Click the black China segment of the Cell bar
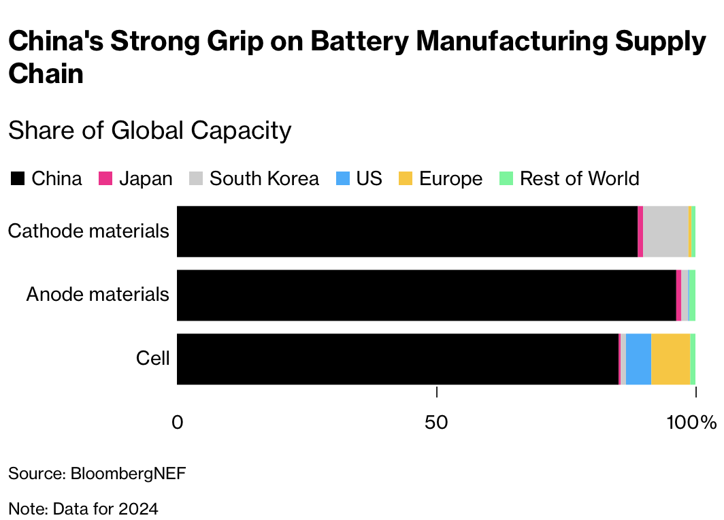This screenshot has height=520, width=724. point(397,359)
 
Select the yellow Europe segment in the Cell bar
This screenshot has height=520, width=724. point(670,359)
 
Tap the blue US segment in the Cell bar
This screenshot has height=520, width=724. point(638,359)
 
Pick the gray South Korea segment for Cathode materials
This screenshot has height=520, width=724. point(665,231)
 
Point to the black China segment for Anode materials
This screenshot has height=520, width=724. point(426,295)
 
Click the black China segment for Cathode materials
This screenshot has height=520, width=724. point(407,231)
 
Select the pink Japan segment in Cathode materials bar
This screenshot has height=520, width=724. point(640,231)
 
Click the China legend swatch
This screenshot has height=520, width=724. point(18,179)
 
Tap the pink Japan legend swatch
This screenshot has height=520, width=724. point(105,179)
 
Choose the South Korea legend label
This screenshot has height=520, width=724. point(264,179)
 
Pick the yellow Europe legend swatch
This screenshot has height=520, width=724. point(406,179)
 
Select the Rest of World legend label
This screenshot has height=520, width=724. point(579,179)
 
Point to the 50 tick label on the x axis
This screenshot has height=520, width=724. point(436,423)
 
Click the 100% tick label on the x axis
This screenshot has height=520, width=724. point(691,423)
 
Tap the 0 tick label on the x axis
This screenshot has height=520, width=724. point(177,423)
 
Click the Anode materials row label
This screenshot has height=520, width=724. point(97,295)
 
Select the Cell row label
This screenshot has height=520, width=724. point(152,358)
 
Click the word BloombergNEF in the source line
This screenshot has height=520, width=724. point(128,474)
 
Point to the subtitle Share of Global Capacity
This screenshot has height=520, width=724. point(150,130)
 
